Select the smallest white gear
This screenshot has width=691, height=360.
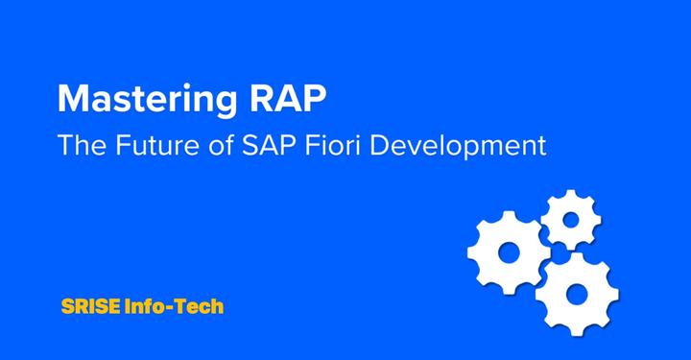click(x=571, y=220)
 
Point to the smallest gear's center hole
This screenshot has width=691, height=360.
click(x=571, y=220)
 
